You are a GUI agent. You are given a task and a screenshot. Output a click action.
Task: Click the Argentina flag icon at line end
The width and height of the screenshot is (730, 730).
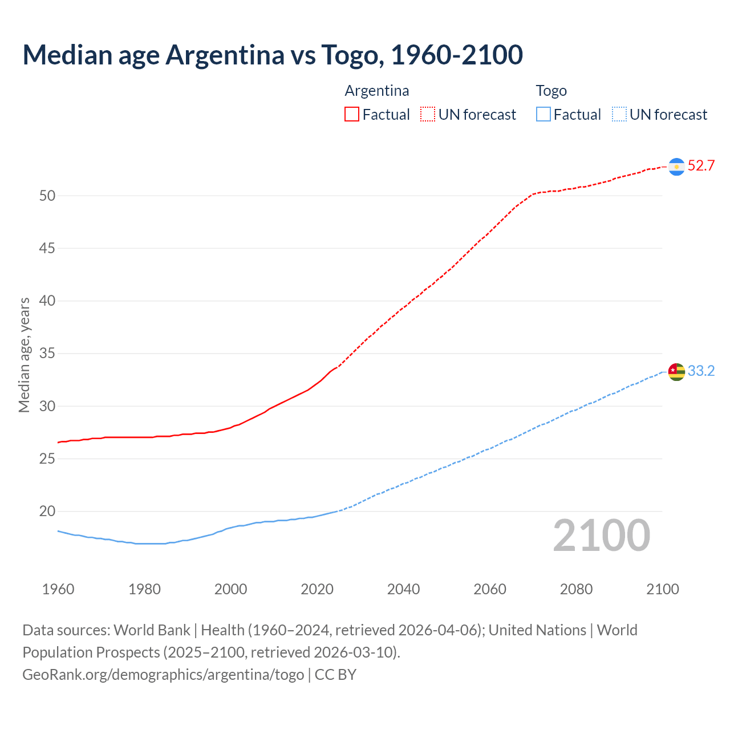(676, 167)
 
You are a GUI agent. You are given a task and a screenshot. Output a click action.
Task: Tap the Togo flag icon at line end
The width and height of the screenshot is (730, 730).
(676, 372)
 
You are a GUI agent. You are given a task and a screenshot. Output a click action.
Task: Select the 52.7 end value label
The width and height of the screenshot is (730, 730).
(701, 166)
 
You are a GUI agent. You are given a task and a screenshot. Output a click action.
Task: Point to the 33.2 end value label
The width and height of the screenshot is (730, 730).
(701, 371)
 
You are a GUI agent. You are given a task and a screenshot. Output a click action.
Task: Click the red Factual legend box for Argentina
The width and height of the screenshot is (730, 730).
(352, 115)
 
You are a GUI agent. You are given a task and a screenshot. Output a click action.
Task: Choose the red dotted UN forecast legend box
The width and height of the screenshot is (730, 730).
(428, 115)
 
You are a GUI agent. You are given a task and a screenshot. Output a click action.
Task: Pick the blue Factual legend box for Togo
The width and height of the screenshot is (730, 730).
(544, 115)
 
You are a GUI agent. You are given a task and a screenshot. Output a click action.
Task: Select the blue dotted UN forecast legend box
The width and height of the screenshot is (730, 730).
(619, 115)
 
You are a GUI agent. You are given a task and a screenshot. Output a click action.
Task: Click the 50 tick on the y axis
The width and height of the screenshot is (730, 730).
(47, 196)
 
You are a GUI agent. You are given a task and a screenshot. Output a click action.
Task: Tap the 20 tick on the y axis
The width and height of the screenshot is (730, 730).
(47, 512)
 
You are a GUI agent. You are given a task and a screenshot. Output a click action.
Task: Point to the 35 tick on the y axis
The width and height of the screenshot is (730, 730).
(47, 354)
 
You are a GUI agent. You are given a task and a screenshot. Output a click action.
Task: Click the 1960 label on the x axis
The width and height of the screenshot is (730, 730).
(58, 589)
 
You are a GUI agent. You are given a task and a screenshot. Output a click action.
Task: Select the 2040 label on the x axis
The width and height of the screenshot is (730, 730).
(403, 589)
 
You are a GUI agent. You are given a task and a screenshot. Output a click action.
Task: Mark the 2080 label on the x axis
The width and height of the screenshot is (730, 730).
(576, 589)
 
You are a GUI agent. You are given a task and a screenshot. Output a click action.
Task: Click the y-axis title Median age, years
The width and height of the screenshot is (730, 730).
(24, 355)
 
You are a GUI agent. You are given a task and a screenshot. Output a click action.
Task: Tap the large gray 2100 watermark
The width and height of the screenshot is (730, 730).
(601, 536)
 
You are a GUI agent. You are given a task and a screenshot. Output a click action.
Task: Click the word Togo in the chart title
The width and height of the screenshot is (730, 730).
(350, 55)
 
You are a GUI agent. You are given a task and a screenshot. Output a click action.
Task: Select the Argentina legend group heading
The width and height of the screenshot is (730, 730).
(377, 91)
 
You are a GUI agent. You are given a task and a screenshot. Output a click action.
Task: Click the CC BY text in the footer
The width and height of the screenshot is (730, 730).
(335, 675)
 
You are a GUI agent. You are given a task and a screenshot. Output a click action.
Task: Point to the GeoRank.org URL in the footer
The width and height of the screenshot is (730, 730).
(163, 675)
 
